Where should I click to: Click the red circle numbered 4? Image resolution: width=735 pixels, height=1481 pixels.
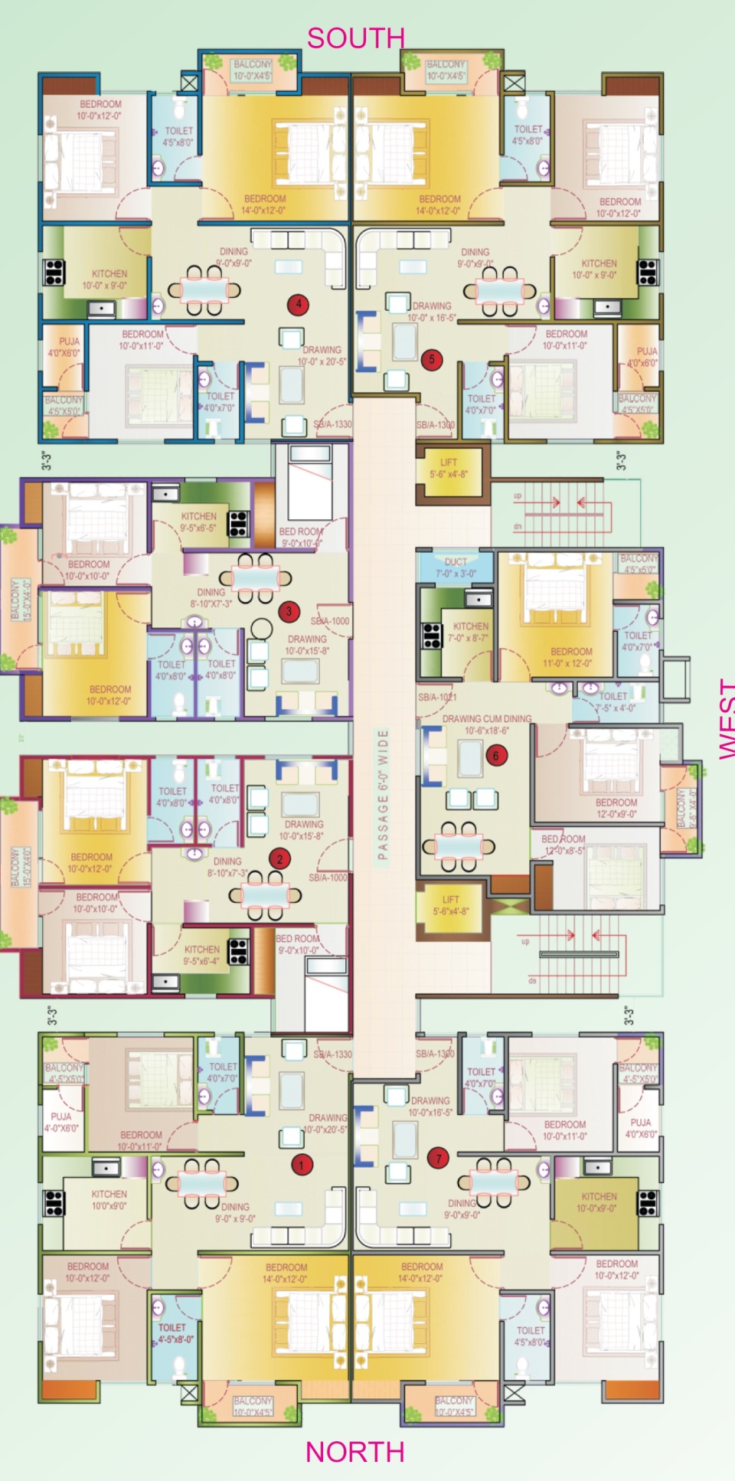299,304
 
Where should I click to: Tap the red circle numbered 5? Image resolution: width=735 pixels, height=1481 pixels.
432,359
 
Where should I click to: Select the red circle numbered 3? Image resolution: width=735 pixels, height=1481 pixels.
289,611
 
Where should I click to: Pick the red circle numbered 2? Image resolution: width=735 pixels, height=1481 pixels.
279,858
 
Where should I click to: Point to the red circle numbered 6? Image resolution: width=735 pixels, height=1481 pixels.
495,756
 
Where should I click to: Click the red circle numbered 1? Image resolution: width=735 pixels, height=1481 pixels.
301,1166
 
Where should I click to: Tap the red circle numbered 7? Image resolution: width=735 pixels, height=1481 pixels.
439,1159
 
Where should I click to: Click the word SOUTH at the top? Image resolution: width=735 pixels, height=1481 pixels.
355,37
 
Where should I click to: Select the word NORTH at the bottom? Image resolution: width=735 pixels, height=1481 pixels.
355,1451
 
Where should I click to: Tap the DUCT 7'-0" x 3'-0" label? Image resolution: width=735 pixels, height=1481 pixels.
456,567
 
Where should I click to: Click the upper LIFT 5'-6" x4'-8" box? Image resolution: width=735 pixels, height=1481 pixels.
449,468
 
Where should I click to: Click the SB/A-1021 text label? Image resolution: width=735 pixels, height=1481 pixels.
437,698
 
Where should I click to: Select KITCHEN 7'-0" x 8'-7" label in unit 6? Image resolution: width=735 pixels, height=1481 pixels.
470,631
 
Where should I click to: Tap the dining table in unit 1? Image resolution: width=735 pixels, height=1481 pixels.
204,1182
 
